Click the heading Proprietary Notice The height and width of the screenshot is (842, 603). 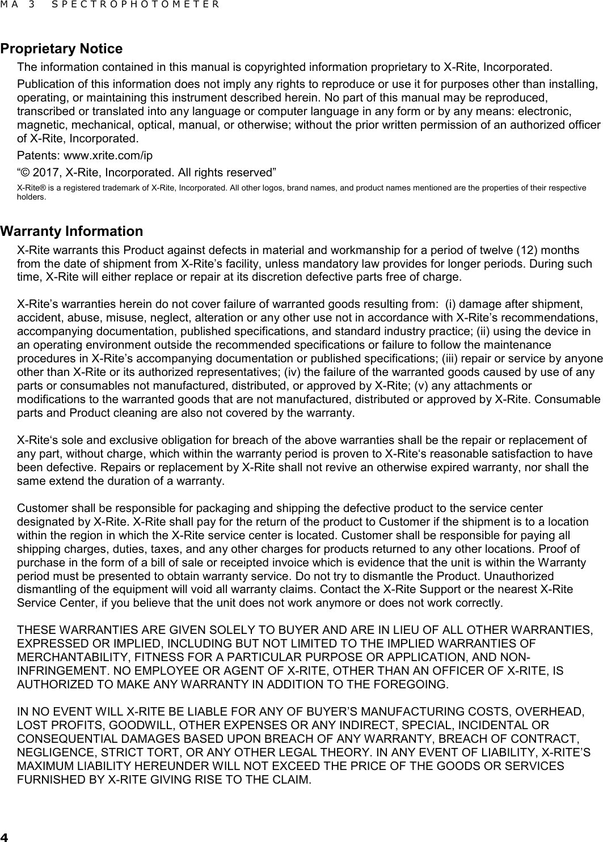click(x=61, y=49)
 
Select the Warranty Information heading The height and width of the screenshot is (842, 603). click(x=71, y=231)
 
